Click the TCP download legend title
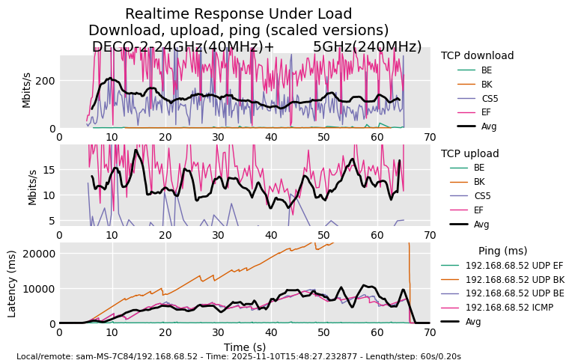[x=477, y=55]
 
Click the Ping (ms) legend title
[x=502, y=251]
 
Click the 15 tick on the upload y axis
[x=49, y=170]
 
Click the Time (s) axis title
[x=245, y=347]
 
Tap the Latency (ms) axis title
[x=13, y=283]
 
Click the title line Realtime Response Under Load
[x=238, y=13]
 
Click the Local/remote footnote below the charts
[x=238, y=356]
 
